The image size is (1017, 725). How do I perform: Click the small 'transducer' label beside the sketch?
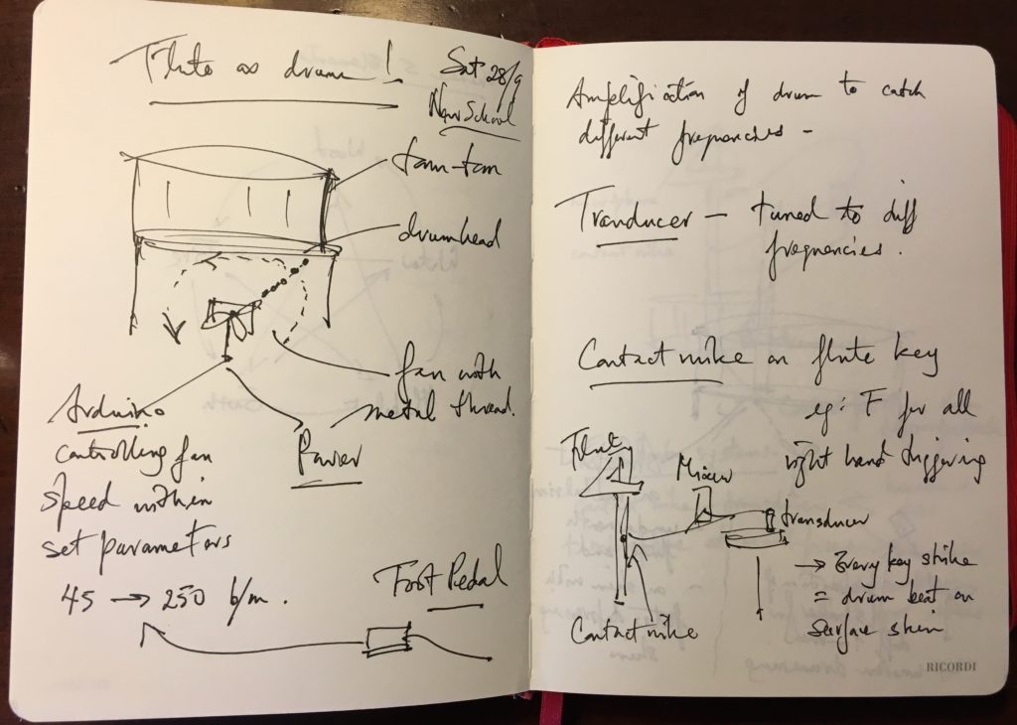coord(829,520)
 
